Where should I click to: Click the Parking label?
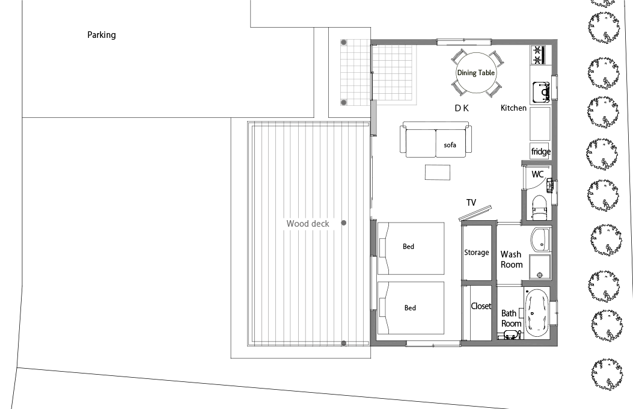(x=102, y=35)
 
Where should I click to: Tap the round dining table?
(x=476, y=73)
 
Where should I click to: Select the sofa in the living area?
(x=436, y=140)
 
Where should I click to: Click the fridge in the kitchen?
(x=540, y=151)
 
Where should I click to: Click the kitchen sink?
(x=541, y=91)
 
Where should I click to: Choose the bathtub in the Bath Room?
(x=536, y=313)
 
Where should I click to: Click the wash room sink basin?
(x=540, y=239)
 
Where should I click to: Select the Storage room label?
(x=476, y=253)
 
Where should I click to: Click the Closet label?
(x=481, y=306)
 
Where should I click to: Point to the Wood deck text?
(x=308, y=223)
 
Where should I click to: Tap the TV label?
(x=471, y=202)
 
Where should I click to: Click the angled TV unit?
(x=476, y=213)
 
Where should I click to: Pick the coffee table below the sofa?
(x=438, y=173)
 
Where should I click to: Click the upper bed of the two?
(x=411, y=248)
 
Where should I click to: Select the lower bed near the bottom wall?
(x=411, y=308)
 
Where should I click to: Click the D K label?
(x=462, y=108)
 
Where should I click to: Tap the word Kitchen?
(x=513, y=108)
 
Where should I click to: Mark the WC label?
(x=537, y=174)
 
